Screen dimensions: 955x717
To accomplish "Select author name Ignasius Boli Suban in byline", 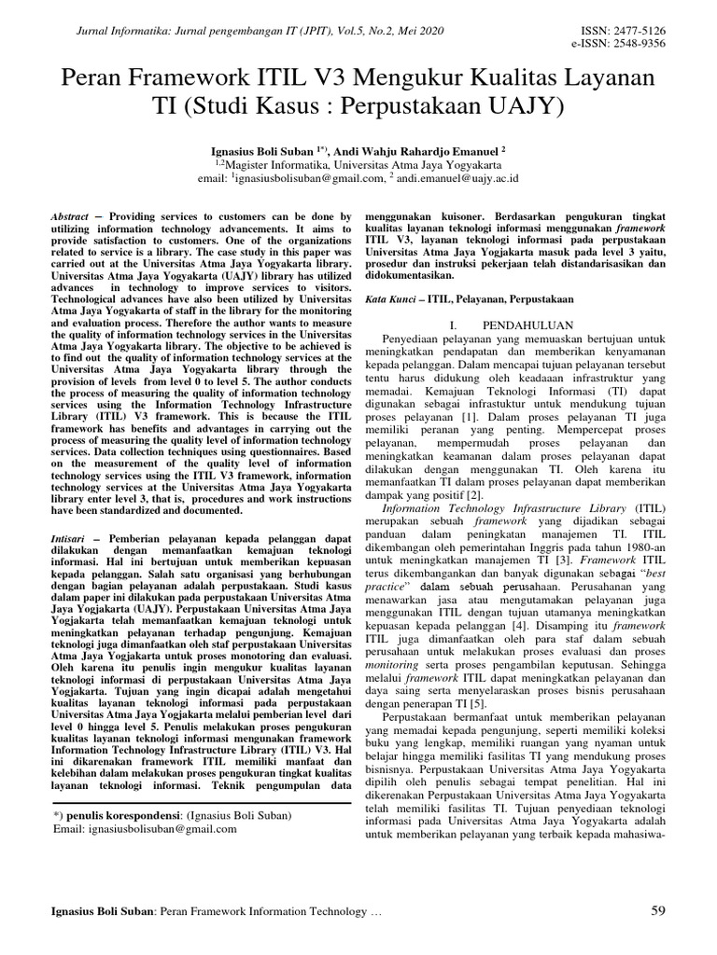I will [271, 148].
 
